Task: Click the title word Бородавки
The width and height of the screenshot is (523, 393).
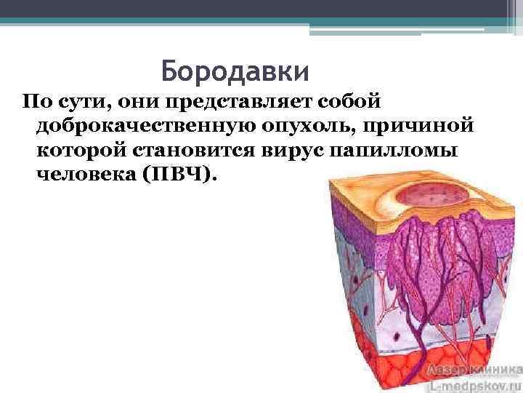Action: click(235, 71)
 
